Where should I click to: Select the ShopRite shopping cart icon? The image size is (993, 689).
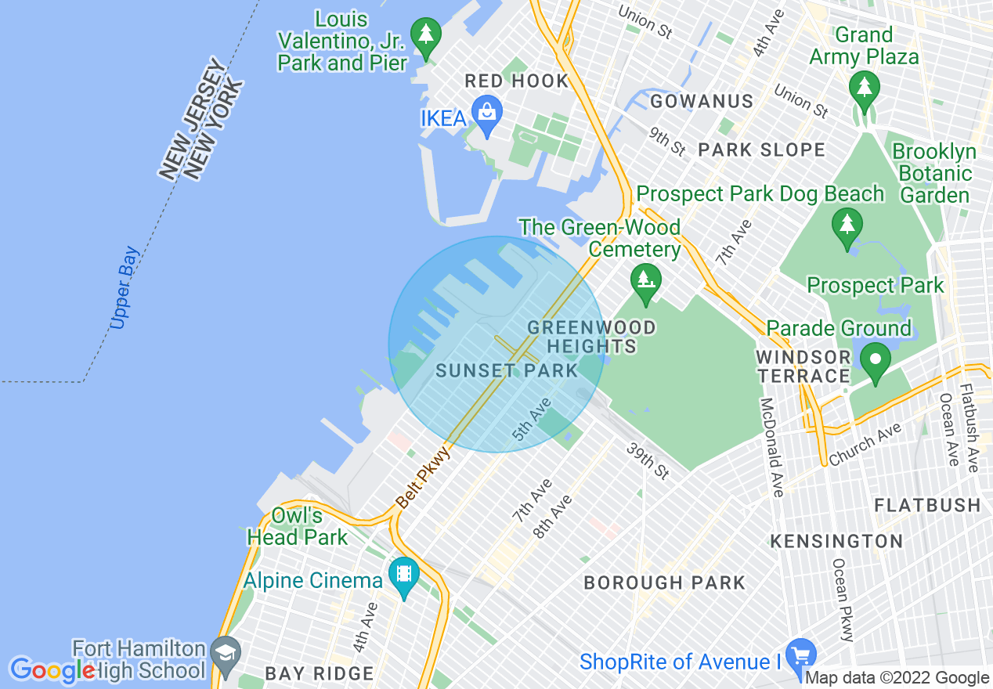click(x=800, y=655)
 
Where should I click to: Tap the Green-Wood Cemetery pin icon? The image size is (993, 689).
click(x=645, y=280)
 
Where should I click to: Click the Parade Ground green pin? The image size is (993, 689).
click(x=875, y=361)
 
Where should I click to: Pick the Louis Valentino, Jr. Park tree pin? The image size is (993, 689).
click(x=425, y=35)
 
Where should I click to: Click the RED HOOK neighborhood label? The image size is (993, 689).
click(x=516, y=81)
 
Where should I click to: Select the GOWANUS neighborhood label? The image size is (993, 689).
click(x=702, y=101)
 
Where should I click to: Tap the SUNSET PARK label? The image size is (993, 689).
click(x=506, y=371)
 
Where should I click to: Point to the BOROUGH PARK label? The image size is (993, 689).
click(x=665, y=583)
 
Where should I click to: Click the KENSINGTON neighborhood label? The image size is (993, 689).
click(x=836, y=541)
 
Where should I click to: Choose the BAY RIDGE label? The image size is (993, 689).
click(x=319, y=673)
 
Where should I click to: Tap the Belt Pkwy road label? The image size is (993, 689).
click(x=424, y=477)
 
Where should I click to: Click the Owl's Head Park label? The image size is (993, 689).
click(x=297, y=526)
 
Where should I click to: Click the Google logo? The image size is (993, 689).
click(x=52, y=671)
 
